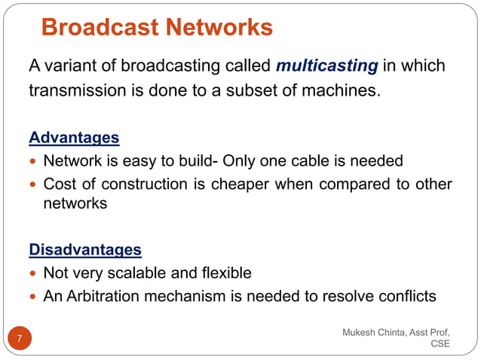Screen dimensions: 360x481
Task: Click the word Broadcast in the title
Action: [99, 28]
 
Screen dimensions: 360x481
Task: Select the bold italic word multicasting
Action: [326, 66]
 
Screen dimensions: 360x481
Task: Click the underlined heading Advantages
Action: [74, 138]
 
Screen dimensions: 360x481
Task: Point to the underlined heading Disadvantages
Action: [84, 249]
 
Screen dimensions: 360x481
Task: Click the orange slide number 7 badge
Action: [20, 338]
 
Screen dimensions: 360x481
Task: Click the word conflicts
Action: [409, 296]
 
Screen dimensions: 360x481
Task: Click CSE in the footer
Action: [440, 344]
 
